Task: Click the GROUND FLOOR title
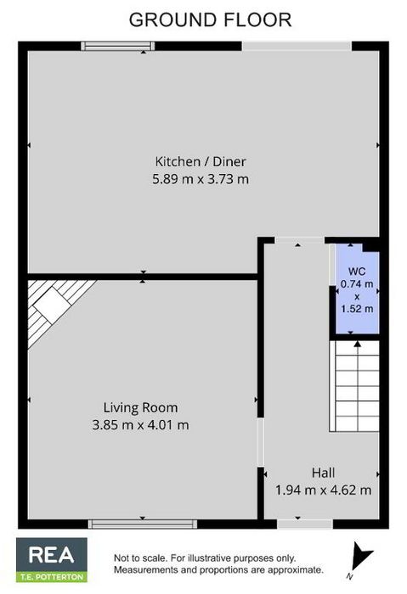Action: pyautogui.click(x=210, y=20)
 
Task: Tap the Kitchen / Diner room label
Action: pyautogui.click(x=201, y=162)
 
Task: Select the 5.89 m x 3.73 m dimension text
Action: pyautogui.click(x=201, y=179)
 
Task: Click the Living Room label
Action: pyautogui.click(x=141, y=407)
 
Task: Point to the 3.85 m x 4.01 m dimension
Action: pyautogui.click(x=141, y=425)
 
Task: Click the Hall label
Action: pyautogui.click(x=323, y=473)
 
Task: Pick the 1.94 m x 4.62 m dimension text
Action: pyautogui.click(x=323, y=490)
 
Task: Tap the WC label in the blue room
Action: pyautogui.click(x=357, y=272)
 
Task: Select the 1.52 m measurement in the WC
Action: pyautogui.click(x=357, y=309)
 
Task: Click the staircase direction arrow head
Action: pyautogui.click(x=358, y=344)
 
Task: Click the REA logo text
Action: pyautogui.click(x=51, y=555)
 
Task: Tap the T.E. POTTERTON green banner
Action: pyautogui.click(x=52, y=577)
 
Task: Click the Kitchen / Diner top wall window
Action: pyautogui.click(x=118, y=46)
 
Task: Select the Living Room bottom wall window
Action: pyautogui.click(x=143, y=524)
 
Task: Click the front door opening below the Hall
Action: pyautogui.click(x=305, y=524)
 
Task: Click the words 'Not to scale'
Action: pyautogui.click(x=140, y=558)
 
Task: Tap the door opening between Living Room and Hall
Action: pyautogui.click(x=261, y=442)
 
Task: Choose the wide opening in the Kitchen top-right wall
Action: pyautogui.click(x=297, y=46)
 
